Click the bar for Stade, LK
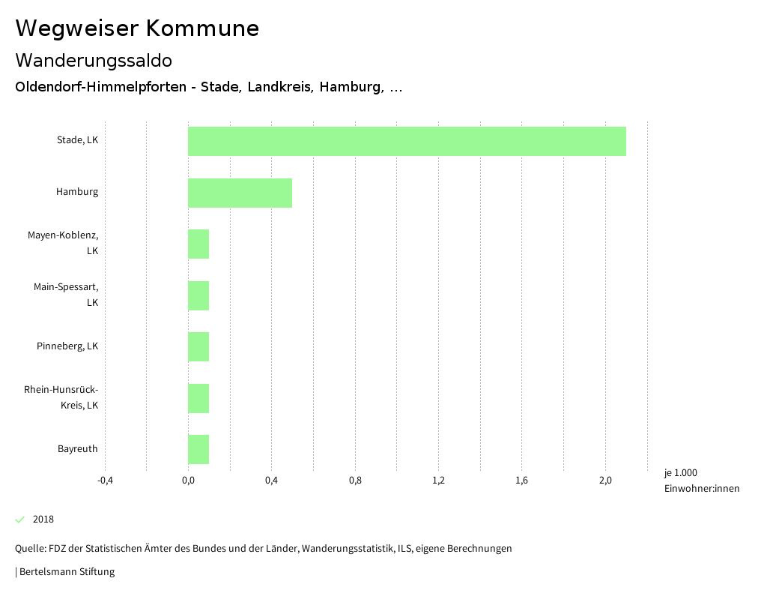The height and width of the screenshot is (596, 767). (x=407, y=141)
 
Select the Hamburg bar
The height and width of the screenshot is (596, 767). (x=240, y=193)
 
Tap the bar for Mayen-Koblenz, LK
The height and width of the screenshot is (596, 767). (x=198, y=244)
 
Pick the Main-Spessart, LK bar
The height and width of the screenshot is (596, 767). (x=198, y=295)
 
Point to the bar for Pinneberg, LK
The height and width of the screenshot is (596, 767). (x=198, y=346)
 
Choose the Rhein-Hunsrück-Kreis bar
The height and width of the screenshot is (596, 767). (x=198, y=398)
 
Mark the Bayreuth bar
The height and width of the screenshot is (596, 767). (x=198, y=449)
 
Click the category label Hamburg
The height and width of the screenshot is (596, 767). (x=77, y=192)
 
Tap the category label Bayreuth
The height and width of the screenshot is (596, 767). (x=78, y=449)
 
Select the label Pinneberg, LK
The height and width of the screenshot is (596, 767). (x=67, y=346)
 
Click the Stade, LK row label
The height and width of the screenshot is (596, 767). (x=77, y=140)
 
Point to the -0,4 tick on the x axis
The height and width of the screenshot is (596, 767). (x=105, y=481)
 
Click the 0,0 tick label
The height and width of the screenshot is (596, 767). (x=188, y=481)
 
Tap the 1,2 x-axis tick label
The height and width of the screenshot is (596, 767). (x=439, y=481)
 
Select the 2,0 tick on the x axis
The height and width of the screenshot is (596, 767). (x=605, y=481)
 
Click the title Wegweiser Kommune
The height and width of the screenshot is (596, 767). (x=137, y=28)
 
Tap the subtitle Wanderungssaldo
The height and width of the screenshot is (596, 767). (x=94, y=60)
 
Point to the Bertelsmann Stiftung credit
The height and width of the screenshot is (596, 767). (x=66, y=572)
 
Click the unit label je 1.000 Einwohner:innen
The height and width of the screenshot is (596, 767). (x=701, y=481)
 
